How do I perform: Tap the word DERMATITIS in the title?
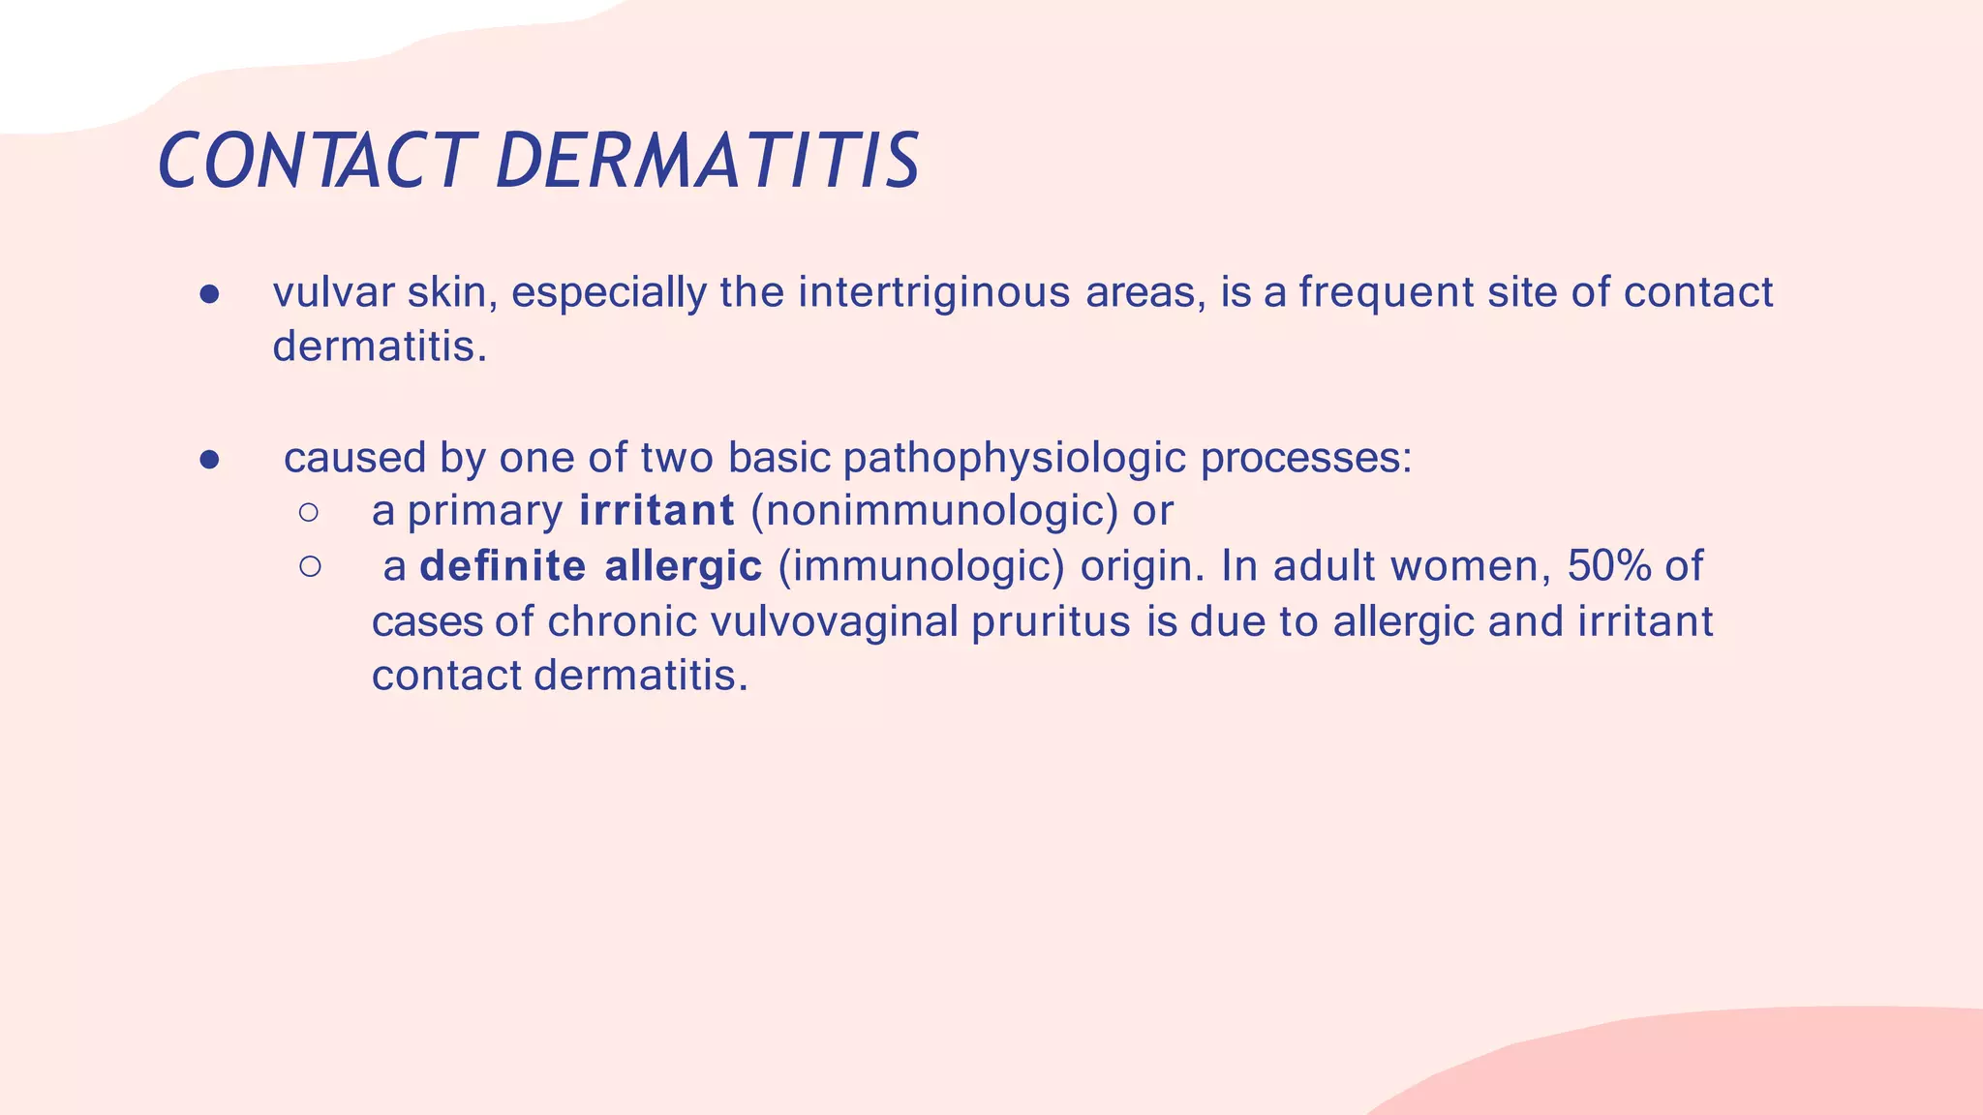[707, 161]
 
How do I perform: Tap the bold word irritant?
[657, 511]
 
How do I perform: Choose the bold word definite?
[503, 566]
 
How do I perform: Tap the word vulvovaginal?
[834, 621]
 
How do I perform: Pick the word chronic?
[622, 621]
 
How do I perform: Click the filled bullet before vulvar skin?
[210, 294]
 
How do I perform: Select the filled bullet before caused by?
[210, 460]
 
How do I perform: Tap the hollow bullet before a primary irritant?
[309, 512]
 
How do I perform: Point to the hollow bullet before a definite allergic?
[309, 567]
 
